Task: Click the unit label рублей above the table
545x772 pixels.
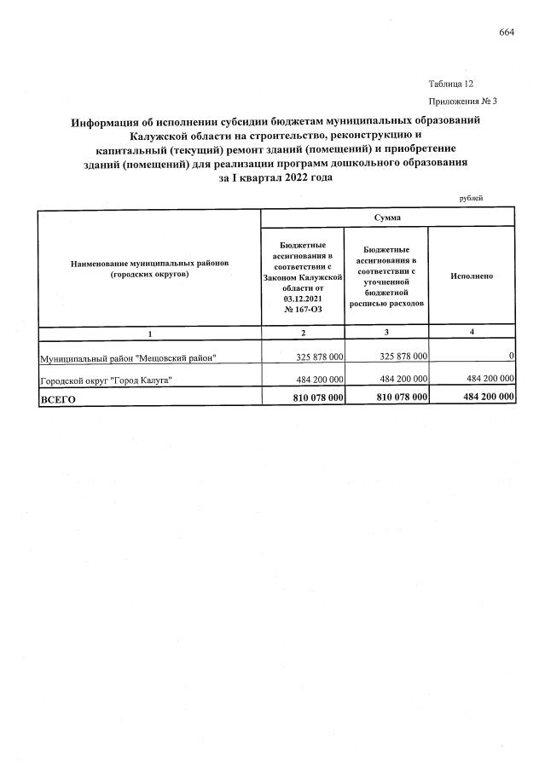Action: [471, 198]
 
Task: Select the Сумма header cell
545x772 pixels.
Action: [387, 218]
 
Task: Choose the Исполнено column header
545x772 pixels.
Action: [472, 276]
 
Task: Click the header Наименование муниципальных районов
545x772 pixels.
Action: [149, 270]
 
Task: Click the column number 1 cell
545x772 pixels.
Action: [149, 332]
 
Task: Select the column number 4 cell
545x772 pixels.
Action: [472, 331]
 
